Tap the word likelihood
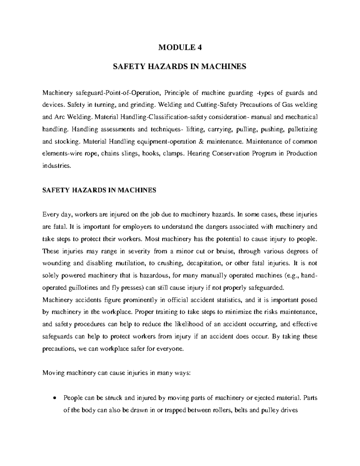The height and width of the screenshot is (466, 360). point(189,324)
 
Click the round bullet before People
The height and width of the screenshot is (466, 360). point(54,398)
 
